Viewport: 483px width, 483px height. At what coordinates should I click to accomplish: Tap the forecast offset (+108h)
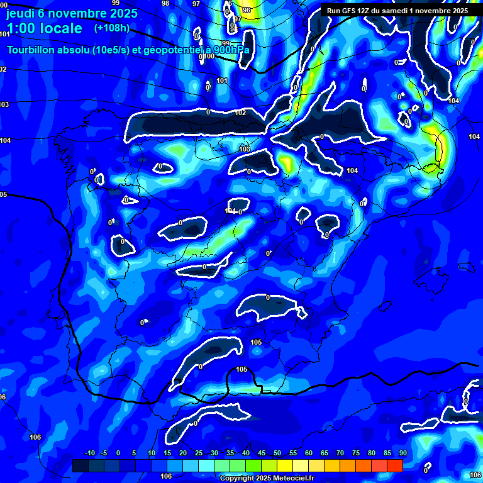tap(111, 28)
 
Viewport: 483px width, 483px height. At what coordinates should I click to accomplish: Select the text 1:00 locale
tap(44, 28)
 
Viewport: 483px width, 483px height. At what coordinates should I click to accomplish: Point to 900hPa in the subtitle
tap(228, 50)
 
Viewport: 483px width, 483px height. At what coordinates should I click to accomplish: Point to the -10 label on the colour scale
tap(90, 453)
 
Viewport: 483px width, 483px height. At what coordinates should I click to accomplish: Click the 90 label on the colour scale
tap(402, 453)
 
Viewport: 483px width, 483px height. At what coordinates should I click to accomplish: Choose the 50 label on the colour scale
tap(277, 453)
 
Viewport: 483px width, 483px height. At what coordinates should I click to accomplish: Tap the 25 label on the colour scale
tap(199, 453)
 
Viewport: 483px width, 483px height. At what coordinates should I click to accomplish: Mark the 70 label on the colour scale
tap(340, 453)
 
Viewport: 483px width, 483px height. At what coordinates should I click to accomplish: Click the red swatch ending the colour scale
tap(395, 465)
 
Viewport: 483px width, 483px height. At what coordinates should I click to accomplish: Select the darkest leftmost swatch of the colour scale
tap(80, 465)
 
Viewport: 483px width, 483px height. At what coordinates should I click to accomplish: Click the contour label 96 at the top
tap(246, 10)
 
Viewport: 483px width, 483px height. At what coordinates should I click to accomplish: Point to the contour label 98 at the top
tap(165, 3)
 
